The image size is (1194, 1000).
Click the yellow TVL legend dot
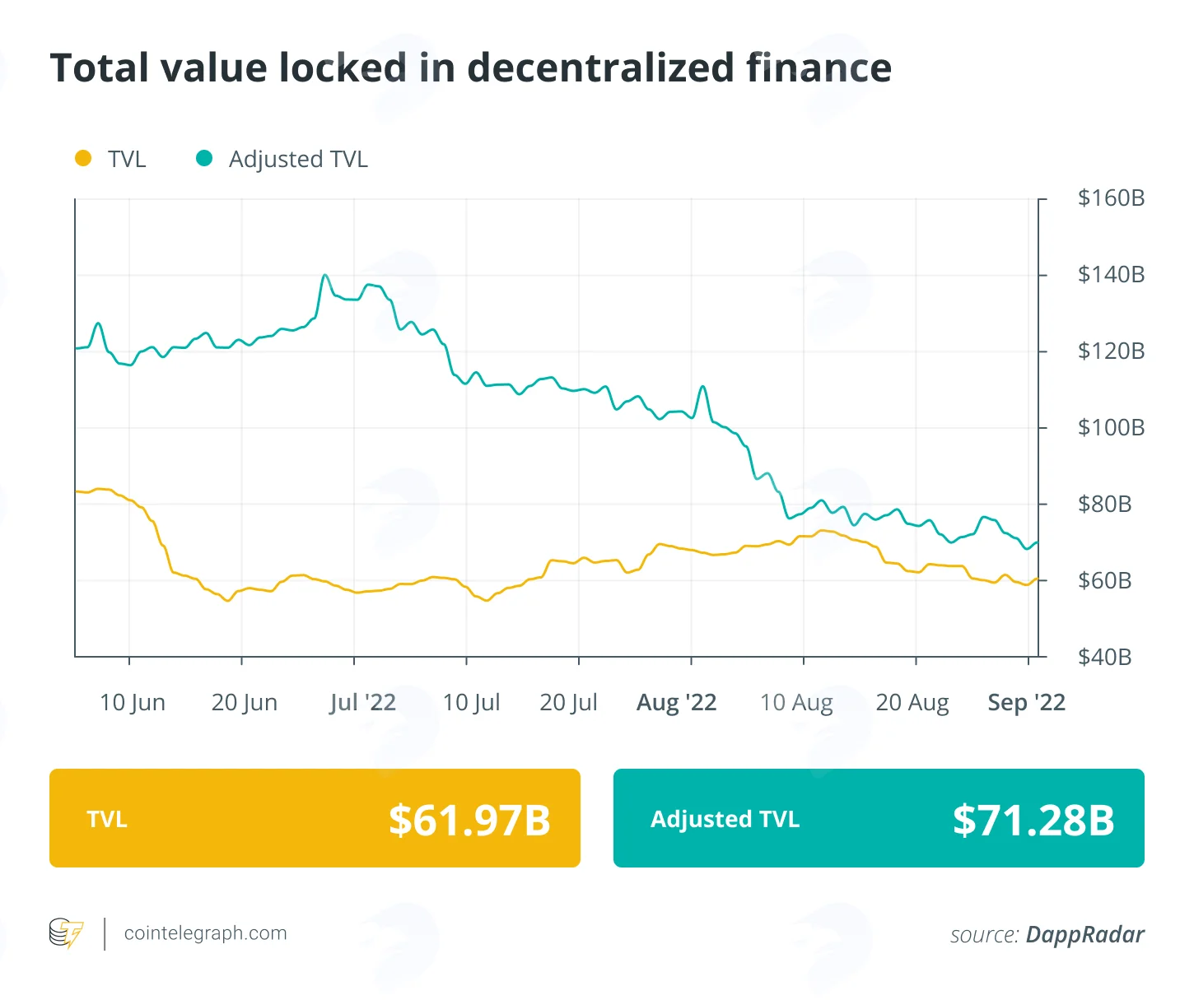(x=83, y=158)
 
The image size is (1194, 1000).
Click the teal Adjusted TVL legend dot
(x=204, y=158)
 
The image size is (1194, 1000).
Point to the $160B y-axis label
(x=1111, y=198)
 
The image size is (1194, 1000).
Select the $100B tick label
(x=1111, y=428)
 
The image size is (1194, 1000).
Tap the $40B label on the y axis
(x=1104, y=657)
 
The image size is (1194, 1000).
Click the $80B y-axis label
(x=1104, y=505)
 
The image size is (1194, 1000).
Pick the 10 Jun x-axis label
(x=132, y=702)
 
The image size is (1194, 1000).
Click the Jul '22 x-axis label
(x=362, y=702)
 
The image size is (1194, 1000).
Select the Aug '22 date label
(x=677, y=702)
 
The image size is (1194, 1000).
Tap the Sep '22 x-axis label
(x=1027, y=702)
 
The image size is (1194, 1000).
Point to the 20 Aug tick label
(x=912, y=702)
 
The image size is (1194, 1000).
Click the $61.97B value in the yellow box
(x=469, y=820)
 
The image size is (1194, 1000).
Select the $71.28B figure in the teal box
(x=1033, y=820)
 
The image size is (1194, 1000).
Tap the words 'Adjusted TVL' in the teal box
(x=725, y=819)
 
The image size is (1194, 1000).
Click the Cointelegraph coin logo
(x=67, y=933)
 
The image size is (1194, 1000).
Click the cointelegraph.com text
(x=205, y=933)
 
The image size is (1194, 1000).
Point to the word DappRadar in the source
(x=1084, y=935)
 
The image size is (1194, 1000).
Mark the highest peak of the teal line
(x=324, y=275)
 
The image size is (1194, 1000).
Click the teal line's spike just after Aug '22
(x=702, y=387)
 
